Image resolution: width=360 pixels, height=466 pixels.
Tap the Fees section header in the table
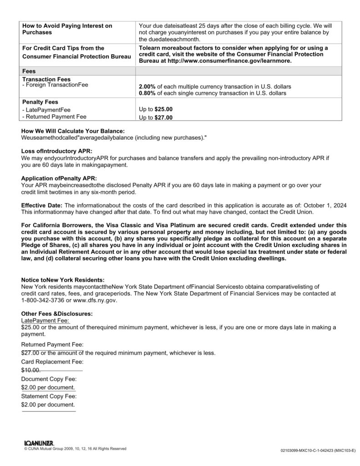30,71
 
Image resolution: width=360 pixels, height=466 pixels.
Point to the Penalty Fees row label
41,102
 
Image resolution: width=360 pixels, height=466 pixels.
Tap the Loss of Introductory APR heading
57,151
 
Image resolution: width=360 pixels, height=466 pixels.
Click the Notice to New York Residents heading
63,279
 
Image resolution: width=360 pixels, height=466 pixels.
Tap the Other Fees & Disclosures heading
57,314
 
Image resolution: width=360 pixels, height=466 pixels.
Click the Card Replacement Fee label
52,362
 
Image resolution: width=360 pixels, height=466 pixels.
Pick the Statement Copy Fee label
49,396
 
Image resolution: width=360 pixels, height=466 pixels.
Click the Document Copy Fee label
49,379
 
